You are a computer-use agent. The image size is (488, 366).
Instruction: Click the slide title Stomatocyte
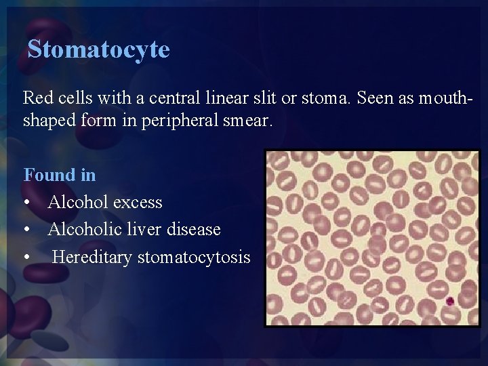coord(98,49)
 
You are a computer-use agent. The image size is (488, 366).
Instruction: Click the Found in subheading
coord(60,175)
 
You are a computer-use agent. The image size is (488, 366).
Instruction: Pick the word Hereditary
coord(92,257)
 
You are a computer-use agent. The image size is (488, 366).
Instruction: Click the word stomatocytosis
coord(194,257)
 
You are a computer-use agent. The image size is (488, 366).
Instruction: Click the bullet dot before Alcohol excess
coord(26,203)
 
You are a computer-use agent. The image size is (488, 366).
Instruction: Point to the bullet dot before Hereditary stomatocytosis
coord(26,258)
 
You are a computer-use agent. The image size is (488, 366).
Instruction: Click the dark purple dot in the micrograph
coord(449,301)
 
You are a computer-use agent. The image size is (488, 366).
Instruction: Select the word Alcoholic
coord(85,229)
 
